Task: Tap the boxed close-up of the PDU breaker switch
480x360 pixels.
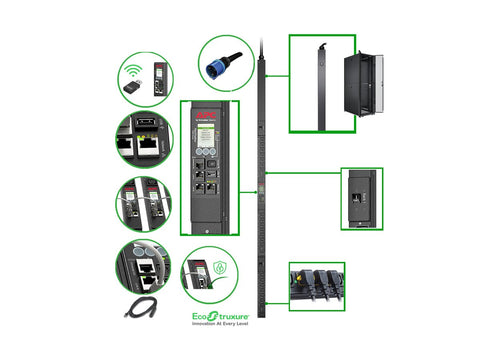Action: click(x=360, y=192)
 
